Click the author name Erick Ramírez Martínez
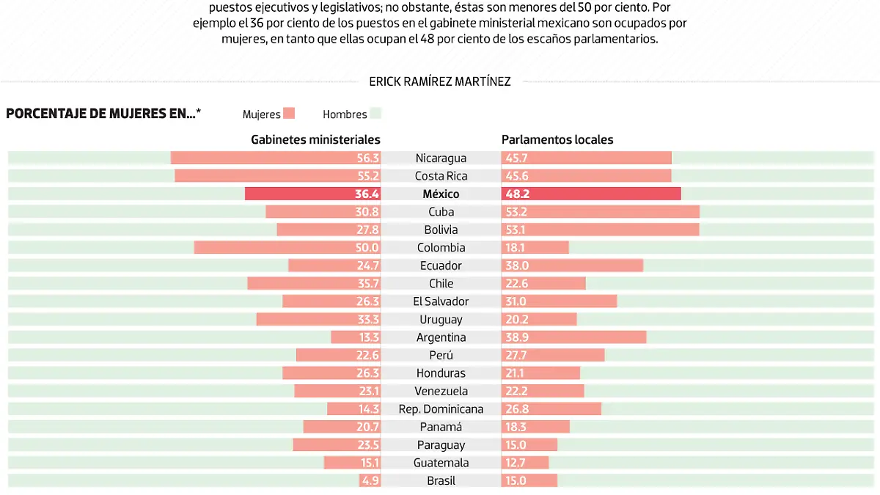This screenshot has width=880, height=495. [x=440, y=81]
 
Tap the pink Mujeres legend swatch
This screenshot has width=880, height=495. [x=289, y=114]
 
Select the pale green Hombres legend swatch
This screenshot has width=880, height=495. [x=375, y=114]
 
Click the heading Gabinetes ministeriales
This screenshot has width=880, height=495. [x=315, y=139]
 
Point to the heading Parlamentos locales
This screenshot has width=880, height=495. [x=557, y=139]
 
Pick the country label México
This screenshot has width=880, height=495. [x=441, y=194]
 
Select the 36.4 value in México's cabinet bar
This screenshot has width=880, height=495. [x=367, y=194]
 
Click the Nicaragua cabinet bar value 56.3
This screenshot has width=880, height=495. [x=367, y=158]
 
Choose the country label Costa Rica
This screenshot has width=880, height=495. [x=441, y=176]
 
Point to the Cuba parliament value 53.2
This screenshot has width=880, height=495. [x=516, y=212]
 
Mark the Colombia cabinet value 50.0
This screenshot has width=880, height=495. [x=367, y=248]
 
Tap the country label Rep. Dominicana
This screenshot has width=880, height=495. [x=441, y=409]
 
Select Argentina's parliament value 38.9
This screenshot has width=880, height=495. [x=516, y=337]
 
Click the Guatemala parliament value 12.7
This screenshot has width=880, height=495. [x=516, y=463]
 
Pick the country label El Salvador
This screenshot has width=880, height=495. [x=441, y=301]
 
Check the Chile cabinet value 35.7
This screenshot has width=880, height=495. [x=367, y=284]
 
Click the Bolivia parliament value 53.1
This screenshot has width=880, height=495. [x=516, y=230]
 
